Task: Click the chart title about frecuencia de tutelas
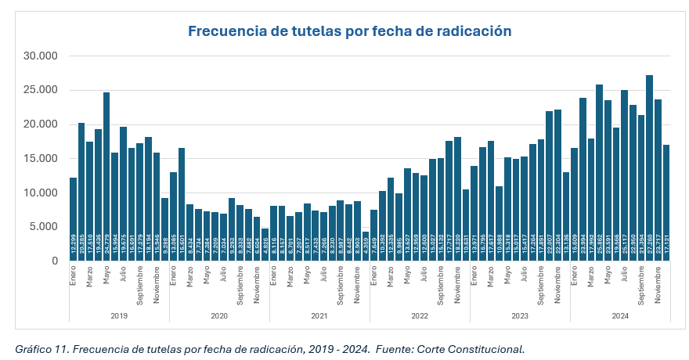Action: pyautogui.click(x=349, y=31)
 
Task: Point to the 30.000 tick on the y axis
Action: pyautogui.click(x=41, y=56)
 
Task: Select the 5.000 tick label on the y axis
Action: pyautogui.click(x=44, y=227)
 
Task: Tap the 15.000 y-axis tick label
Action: pyautogui.click(x=41, y=159)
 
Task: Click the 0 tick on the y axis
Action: pyautogui.click(x=54, y=261)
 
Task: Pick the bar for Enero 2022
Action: pyautogui.click(x=373, y=236)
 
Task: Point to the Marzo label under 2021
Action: pyautogui.click(x=290, y=277)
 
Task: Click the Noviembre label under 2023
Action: pyautogui.click(x=557, y=286)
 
